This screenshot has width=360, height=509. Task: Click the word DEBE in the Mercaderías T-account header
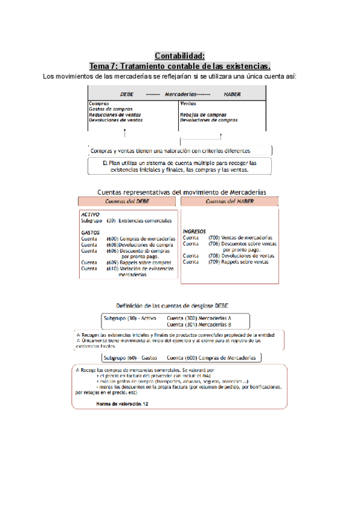pos(127,94)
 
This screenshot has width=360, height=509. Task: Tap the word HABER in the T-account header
pos(232,94)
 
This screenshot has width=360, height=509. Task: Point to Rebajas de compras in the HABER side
pos(203,115)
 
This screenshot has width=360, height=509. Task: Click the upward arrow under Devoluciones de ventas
pos(124,133)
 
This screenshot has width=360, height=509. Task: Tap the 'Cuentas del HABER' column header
pos(230,202)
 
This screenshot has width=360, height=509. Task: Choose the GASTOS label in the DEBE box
pos(90,232)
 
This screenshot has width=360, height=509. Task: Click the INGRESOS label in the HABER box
pos(195,231)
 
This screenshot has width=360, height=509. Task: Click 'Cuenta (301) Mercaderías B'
pos(199,324)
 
